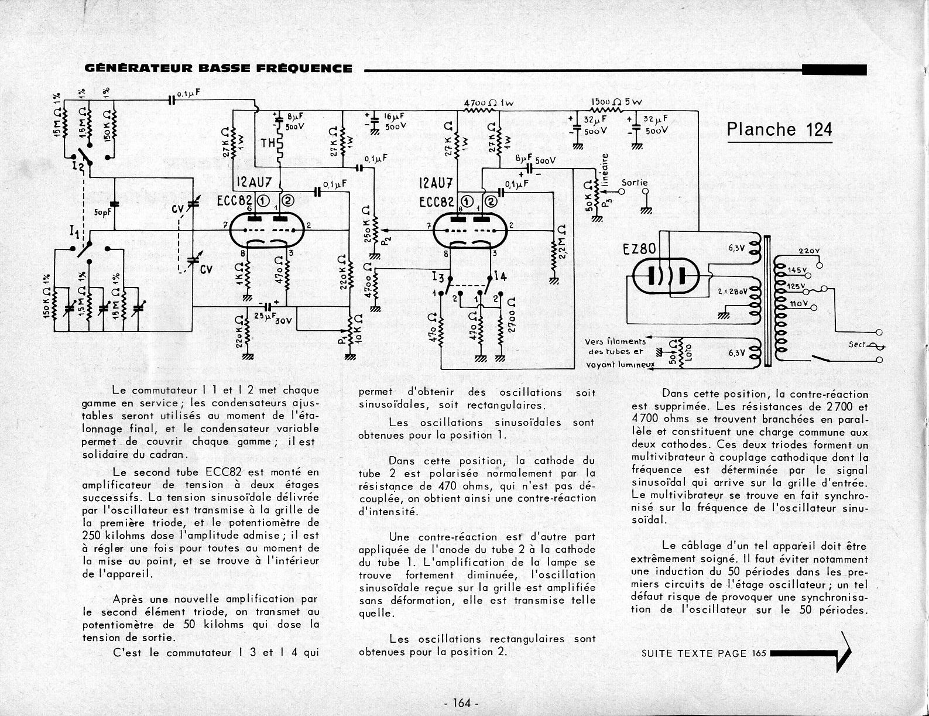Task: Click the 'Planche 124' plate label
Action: click(779, 129)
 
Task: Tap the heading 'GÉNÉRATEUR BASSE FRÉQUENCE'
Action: click(218, 68)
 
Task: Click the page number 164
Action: click(462, 703)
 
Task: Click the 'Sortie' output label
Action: click(635, 183)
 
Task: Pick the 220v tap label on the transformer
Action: click(808, 252)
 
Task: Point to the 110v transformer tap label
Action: click(798, 304)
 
